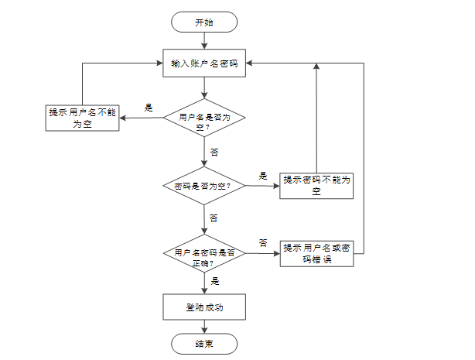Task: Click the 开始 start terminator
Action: (204, 22)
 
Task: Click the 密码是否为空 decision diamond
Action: (204, 186)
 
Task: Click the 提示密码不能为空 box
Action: (316, 185)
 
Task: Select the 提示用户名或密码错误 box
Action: (316, 253)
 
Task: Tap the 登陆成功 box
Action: (204, 306)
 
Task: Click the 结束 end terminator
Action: (204, 343)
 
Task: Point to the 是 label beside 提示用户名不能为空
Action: (149, 108)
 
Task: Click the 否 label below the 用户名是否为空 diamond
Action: (214, 151)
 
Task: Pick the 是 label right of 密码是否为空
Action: (262, 176)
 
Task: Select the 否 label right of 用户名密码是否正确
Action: (263, 243)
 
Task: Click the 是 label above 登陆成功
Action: (215, 282)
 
